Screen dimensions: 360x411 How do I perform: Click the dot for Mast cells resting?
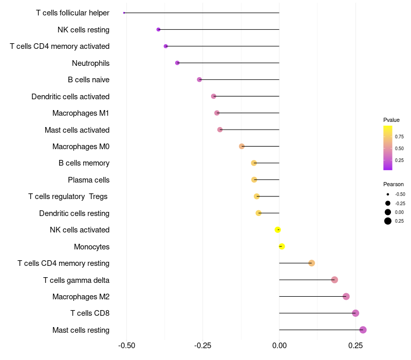tap(363, 330)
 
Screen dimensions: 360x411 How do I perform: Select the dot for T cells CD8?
tap(355, 313)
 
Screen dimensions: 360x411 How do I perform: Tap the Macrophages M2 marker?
tap(346, 296)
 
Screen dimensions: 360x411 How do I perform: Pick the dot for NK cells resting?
tap(158, 30)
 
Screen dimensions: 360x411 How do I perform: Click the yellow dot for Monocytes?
tap(281, 246)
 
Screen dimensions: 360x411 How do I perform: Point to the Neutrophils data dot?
tap(177, 63)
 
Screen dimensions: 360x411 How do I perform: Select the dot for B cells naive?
tap(199, 80)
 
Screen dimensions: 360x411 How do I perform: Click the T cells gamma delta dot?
tap(334, 280)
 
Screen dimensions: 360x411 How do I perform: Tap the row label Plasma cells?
tap(88, 180)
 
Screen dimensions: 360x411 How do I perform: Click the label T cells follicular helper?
tap(72, 13)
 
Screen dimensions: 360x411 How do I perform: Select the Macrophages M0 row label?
tap(81, 147)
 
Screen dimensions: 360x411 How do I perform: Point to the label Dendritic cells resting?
tap(74, 213)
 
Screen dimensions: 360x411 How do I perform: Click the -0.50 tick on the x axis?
tap(126, 346)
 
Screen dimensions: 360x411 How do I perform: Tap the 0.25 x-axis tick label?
tap(355, 346)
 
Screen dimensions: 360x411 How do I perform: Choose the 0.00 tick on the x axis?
tap(279, 346)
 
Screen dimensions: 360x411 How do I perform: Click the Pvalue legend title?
tap(391, 120)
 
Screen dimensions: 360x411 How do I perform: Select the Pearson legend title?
tap(393, 184)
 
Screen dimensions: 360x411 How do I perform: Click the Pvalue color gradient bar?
tap(388, 148)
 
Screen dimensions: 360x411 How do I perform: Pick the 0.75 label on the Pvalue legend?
tap(399, 136)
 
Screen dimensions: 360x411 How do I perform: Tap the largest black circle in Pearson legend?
tap(388, 221)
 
